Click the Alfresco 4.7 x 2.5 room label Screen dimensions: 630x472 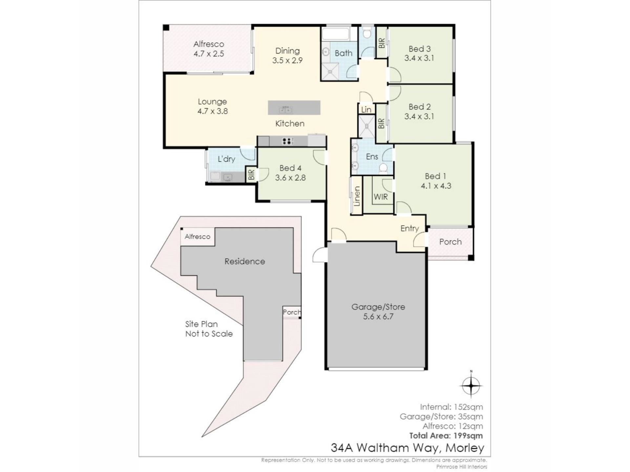[209, 49]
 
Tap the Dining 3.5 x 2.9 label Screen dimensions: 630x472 [287, 55]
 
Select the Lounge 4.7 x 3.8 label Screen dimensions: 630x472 [212, 107]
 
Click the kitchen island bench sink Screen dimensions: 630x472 [285, 109]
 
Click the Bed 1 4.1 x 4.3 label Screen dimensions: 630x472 [436, 181]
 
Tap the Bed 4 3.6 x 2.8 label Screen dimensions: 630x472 [290, 173]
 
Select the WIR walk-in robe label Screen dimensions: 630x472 [381, 197]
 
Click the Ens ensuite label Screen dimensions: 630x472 [372, 157]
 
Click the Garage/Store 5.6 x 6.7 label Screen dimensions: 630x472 [378, 312]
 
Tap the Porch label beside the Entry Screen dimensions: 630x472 [450, 242]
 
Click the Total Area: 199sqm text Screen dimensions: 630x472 [446, 436]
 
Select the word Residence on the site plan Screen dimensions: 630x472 [244, 261]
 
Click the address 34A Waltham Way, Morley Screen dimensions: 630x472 [407, 448]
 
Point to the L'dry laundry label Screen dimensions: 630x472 [226, 159]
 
